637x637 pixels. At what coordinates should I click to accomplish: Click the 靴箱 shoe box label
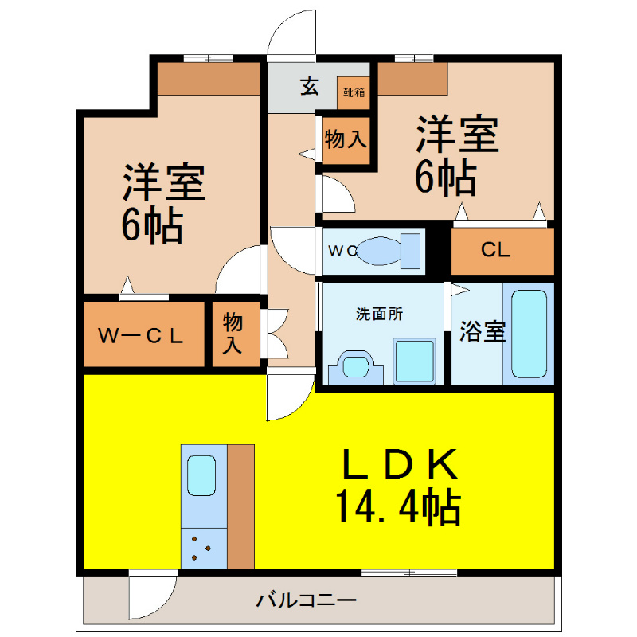click(x=354, y=92)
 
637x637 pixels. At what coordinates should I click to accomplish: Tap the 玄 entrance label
click(x=309, y=86)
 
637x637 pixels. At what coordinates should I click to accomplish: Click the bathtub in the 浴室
click(x=529, y=334)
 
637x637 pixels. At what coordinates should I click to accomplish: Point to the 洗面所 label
click(x=380, y=314)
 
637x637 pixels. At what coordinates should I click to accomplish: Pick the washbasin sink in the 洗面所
click(x=356, y=366)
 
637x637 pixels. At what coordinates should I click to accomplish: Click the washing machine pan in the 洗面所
click(x=414, y=361)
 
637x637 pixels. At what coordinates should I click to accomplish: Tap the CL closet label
click(x=495, y=250)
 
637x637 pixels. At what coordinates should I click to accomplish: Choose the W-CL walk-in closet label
click(x=141, y=335)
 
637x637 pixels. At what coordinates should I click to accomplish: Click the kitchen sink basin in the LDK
click(x=201, y=475)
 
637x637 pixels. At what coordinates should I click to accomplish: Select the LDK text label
click(x=401, y=463)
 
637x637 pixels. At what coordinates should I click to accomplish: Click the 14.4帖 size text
click(x=398, y=508)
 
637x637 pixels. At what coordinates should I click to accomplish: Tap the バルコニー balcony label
click(x=307, y=600)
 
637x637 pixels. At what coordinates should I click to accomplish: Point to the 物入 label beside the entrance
click(x=346, y=139)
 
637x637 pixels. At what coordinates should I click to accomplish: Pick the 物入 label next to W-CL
click(x=233, y=334)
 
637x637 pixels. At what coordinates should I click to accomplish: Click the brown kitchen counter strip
click(x=240, y=506)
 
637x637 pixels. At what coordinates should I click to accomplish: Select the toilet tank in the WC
click(x=410, y=251)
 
